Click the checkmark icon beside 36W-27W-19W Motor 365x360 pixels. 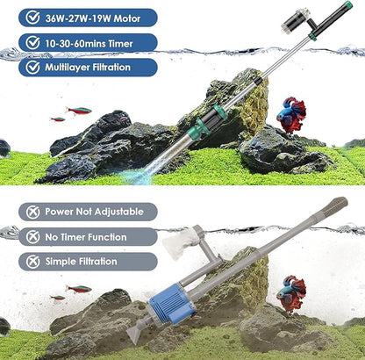[32, 17]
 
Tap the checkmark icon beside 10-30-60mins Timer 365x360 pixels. [32, 42]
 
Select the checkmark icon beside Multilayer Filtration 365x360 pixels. [32, 68]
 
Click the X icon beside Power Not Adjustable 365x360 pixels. [32, 212]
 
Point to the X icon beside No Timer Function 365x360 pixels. [32, 237]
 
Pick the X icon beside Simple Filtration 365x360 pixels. [32, 262]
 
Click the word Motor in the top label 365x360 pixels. [131, 17]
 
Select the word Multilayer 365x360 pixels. [74, 68]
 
